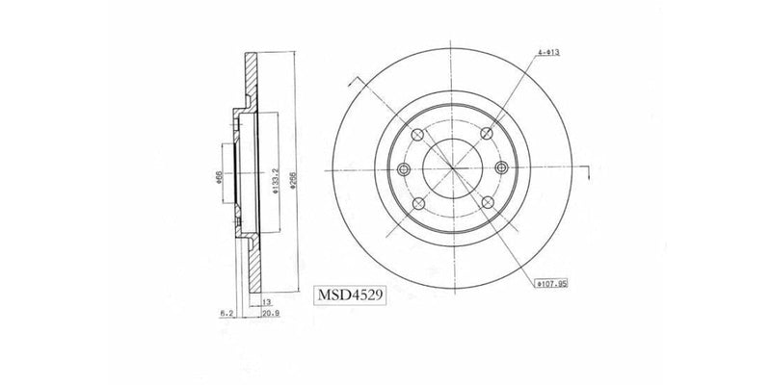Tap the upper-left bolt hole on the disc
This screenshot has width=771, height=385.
point(418,136)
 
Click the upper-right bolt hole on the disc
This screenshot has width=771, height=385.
point(489,136)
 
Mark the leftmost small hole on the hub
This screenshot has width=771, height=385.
point(403,170)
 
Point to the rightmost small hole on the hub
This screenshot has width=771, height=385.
point(502,170)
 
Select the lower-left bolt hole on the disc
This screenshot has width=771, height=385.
point(418,203)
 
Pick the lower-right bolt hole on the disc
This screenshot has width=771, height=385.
point(489,203)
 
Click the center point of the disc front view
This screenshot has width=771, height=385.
point(453,170)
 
